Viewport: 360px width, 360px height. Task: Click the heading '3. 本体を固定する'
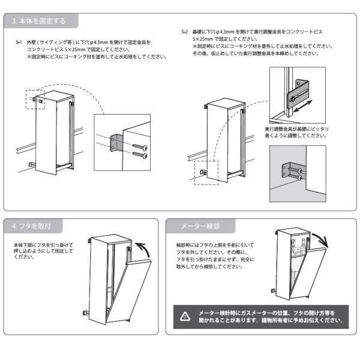(39, 21)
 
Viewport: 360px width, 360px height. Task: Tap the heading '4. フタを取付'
(31, 226)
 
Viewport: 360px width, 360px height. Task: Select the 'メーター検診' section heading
(200, 226)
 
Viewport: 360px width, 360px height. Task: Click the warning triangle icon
(185, 317)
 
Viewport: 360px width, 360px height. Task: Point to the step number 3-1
(19, 42)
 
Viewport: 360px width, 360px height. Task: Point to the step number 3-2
(184, 32)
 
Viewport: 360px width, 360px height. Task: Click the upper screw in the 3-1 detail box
(140, 146)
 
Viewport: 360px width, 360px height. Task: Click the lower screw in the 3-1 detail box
(140, 155)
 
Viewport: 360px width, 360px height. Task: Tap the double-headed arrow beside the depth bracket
(303, 106)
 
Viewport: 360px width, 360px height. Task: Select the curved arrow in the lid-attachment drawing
(144, 250)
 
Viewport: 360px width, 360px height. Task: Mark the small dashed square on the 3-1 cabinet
(35, 100)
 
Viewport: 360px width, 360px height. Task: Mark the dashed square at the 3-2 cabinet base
(206, 173)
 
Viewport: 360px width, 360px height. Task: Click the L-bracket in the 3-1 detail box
(116, 143)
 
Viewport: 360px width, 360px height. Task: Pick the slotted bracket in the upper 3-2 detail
(298, 94)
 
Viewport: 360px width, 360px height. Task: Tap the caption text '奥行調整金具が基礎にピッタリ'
(296, 129)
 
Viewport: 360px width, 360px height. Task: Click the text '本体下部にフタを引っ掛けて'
(43, 245)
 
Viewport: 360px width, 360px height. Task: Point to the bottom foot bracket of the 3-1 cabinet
(32, 165)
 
